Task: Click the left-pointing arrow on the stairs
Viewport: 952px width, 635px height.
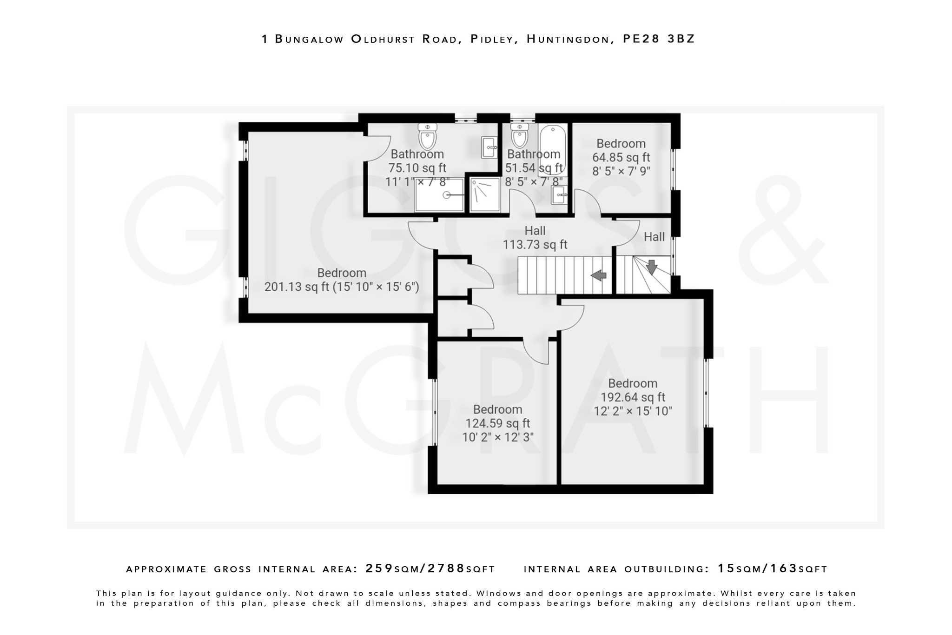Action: pyautogui.click(x=599, y=275)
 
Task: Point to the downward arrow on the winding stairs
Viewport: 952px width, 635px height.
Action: pyautogui.click(x=652, y=267)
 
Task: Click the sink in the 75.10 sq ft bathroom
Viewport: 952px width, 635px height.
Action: pyautogui.click(x=489, y=148)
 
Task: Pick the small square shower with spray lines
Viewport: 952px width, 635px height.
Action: pyautogui.click(x=485, y=195)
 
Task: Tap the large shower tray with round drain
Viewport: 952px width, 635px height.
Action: pyautogui.click(x=439, y=194)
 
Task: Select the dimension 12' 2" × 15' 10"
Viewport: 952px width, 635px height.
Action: pyautogui.click(x=633, y=411)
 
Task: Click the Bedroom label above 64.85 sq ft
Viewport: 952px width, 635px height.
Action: pyautogui.click(x=621, y=144)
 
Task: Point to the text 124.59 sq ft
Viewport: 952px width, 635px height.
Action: pyautogui.click(x=497, y=423)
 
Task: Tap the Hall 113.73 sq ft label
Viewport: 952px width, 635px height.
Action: pyautogui.click(x=535, y=238)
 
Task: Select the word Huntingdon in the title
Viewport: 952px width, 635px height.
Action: pyautogui.click(x=568, y=39)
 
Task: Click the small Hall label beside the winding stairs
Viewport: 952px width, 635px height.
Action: pyautogui.click(x=654, y=237)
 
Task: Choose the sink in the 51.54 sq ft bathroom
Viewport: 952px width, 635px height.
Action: pyautogui.click(x=559, y=195)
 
